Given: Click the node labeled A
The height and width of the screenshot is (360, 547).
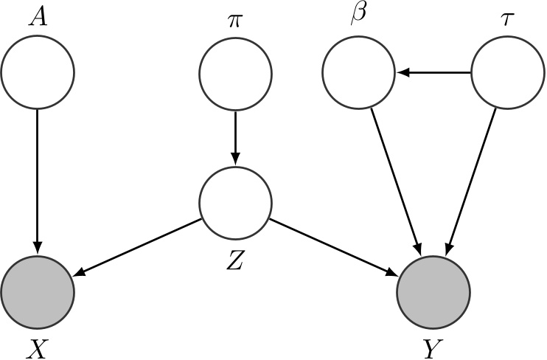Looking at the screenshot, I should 38,72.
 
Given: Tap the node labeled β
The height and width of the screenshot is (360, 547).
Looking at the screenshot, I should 359,72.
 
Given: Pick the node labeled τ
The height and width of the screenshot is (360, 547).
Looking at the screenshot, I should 506,72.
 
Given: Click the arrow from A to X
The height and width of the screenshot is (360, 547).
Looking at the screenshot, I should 38,177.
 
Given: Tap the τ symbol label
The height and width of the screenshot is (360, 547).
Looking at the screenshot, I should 506,18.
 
